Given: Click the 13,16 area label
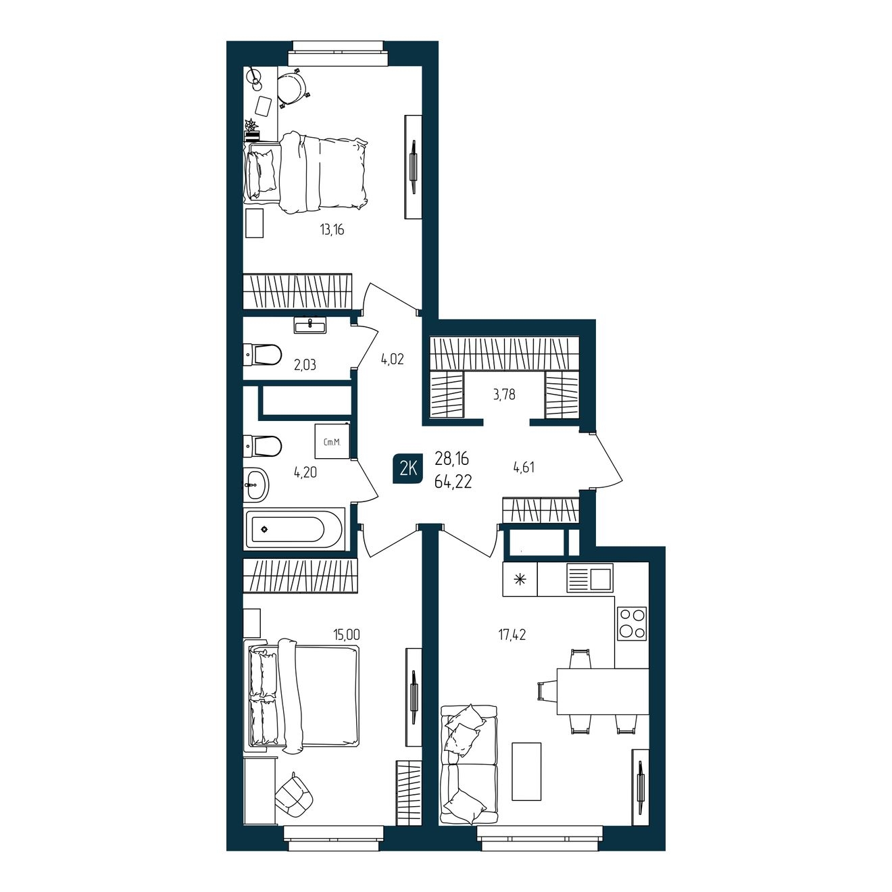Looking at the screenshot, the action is [332, 230].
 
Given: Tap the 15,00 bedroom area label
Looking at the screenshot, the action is [346, 634].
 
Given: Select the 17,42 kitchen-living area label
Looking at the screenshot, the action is [512, 635].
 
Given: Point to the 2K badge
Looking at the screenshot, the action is [407, 470].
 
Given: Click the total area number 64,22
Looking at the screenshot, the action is [453, 482].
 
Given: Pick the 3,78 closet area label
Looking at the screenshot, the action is [504, 395].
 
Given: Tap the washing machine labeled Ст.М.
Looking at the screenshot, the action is [332, 441].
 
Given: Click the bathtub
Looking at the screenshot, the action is [295, 530].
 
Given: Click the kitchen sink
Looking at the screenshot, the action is [589, 577].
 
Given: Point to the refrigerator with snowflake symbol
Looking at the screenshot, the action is [520, 578].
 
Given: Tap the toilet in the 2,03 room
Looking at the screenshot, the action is [262, 355].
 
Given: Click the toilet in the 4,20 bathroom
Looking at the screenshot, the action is [262, 446].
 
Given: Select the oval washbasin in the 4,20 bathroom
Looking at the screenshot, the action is [256, 485].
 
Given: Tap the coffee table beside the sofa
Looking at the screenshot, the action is [526, 771].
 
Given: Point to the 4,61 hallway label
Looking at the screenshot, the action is [524, 467].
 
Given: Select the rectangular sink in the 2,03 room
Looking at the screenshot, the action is [310, 326].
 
